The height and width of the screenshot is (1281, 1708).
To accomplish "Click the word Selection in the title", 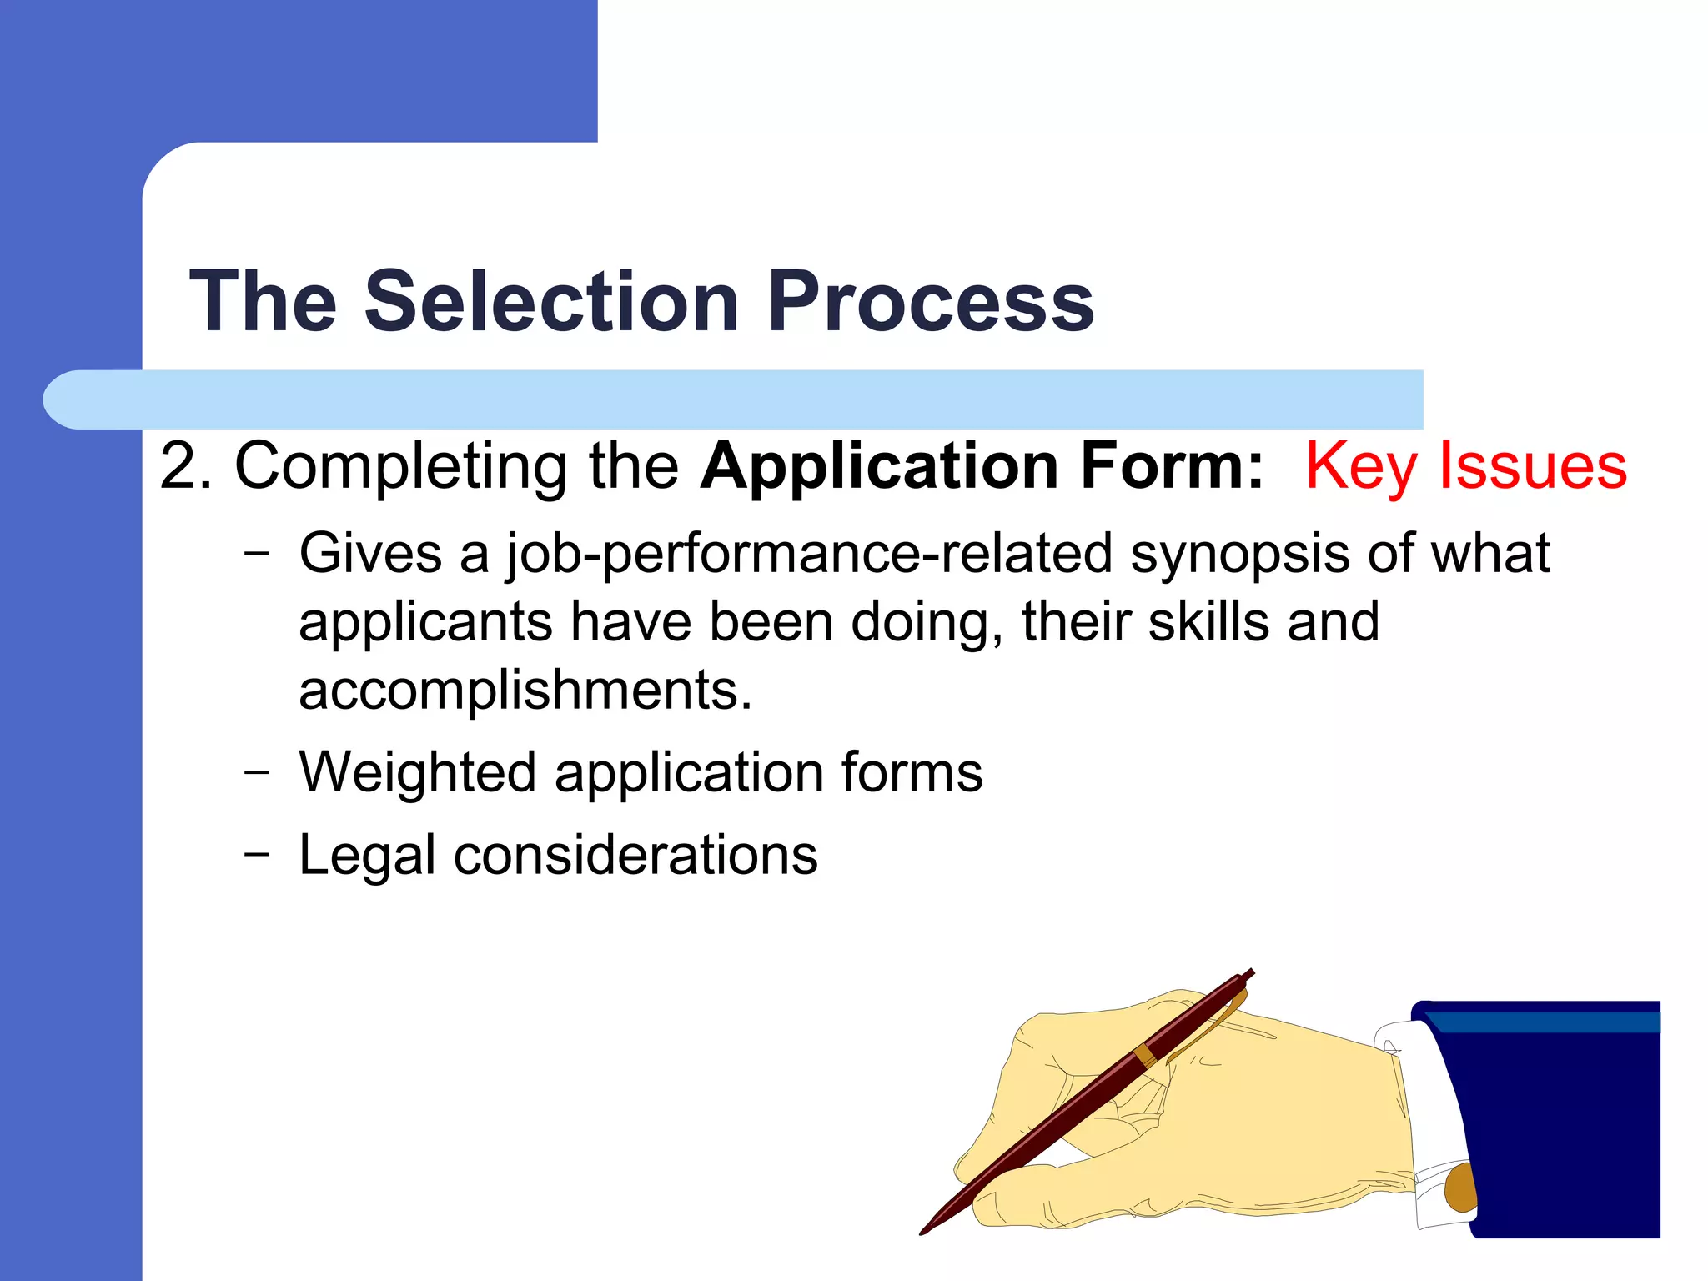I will coord(551,301).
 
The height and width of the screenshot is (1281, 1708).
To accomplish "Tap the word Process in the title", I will coord(931,301).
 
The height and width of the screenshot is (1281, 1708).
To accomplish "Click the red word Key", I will coord(1360,465).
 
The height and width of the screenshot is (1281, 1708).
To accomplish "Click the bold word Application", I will coord(880,467).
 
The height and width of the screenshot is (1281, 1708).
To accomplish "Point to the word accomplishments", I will coord(525,691).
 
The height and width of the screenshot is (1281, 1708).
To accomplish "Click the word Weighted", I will coord(417,773).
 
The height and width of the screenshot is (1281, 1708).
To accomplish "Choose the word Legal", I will coord(367,857).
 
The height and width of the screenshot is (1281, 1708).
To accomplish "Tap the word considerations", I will coord(635,856).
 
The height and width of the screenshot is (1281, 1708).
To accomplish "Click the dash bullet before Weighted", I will coord(257,772).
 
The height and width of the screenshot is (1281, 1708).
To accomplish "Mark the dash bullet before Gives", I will coord(257,552).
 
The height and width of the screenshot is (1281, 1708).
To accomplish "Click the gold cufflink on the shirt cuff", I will coord(1459,1188).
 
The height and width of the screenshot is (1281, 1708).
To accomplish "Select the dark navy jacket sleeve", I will coord(1560,1126).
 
